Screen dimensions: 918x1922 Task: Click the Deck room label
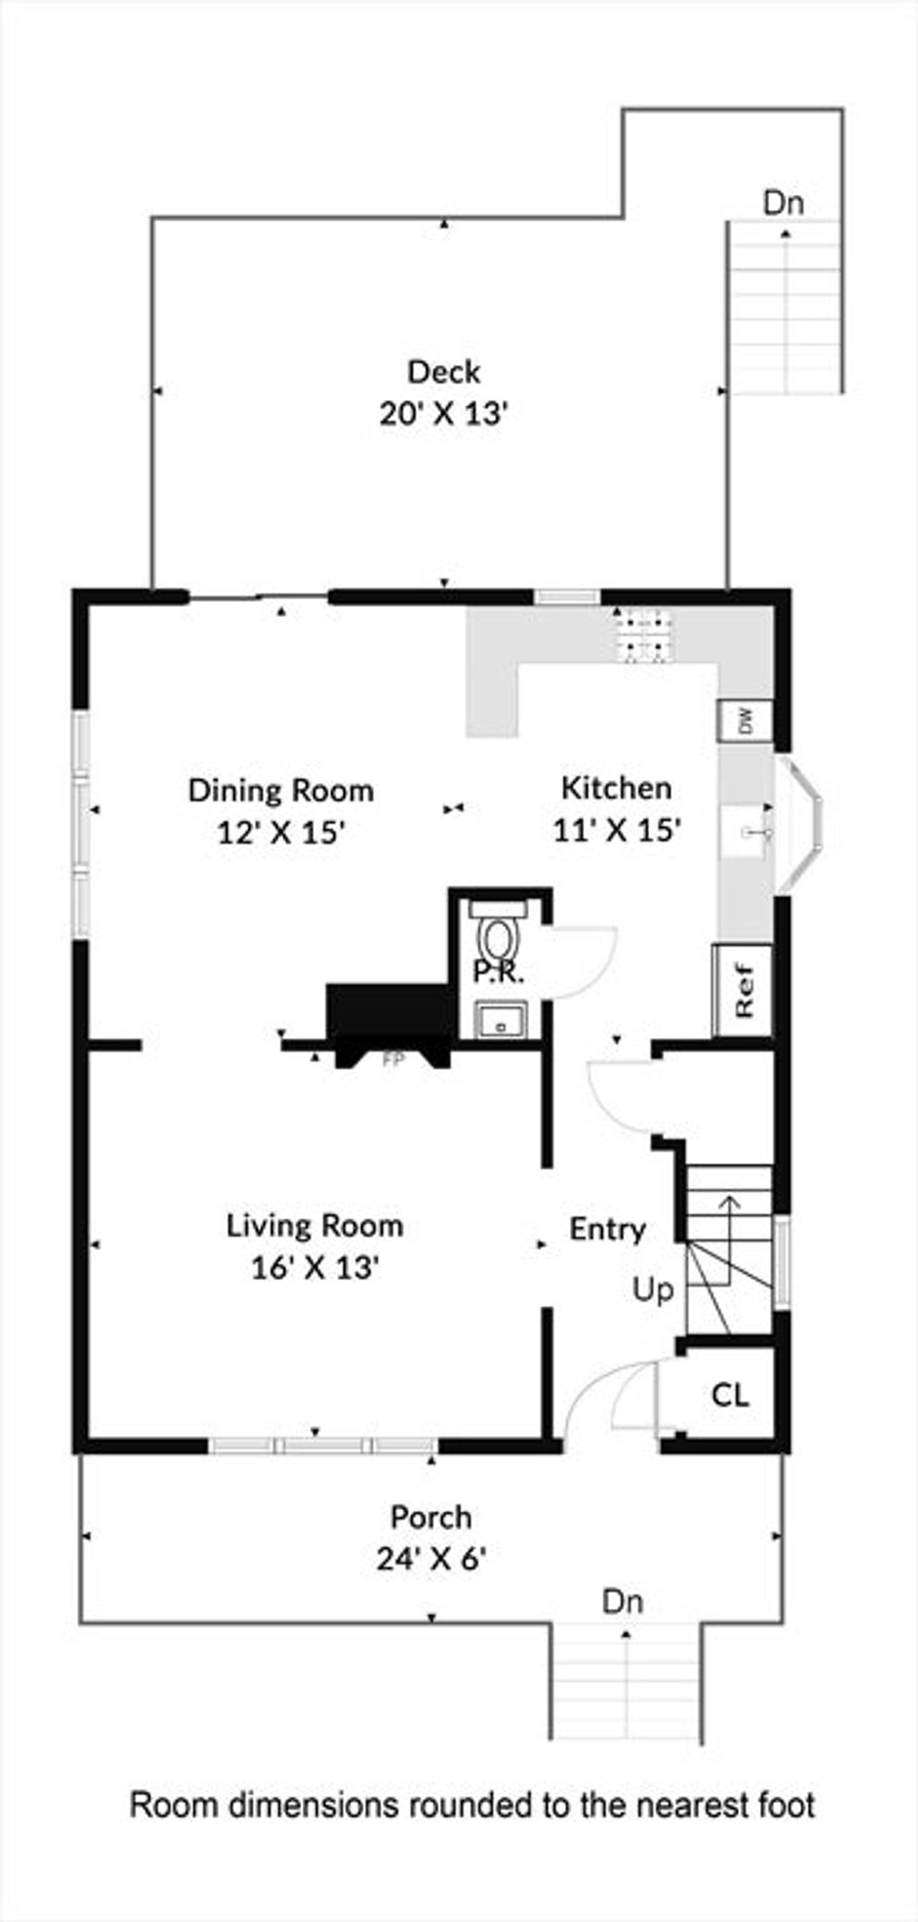(x=444, y=371)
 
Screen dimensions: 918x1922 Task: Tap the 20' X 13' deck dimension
(x=444, y=414)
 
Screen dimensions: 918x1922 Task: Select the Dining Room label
(x=281, y=790)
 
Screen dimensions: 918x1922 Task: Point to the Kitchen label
(x=616, y=787)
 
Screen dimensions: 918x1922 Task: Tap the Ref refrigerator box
(x=744, y=990)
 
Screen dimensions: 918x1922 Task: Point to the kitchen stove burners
(x=643, y=635)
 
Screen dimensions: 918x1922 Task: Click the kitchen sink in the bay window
(x=748, y=832)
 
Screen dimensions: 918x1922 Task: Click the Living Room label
(x=315, y=1225)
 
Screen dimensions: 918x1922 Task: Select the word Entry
(x=608, y=1229)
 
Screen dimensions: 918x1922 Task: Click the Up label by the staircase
(x=653, y=1291)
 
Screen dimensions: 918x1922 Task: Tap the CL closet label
(x=730, y=1396)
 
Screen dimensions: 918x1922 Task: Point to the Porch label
(x=430, y=1518)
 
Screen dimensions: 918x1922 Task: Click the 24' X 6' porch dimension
(x=430, y=1560)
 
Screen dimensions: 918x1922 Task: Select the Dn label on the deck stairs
(x=784, y=203)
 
